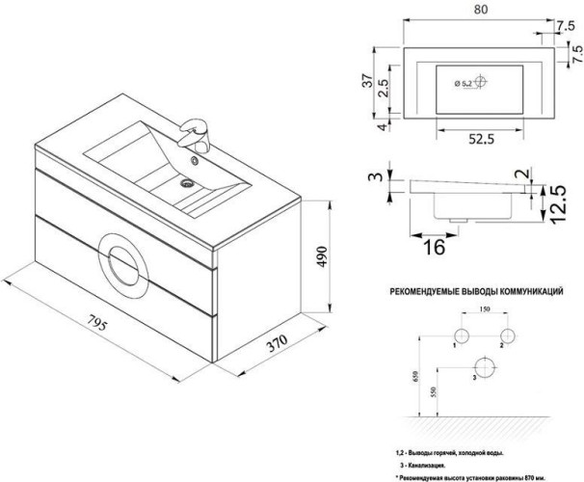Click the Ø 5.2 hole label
tap(463, 84)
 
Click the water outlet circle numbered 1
tap(460, 334)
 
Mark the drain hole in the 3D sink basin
tap(188, 180)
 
